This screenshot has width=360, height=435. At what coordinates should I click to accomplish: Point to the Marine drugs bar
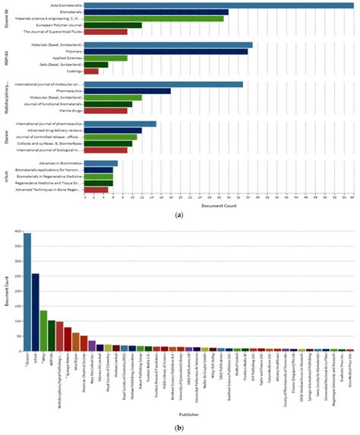click(x=106, y=111)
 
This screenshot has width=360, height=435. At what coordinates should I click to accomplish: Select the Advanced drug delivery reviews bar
click(x=113, y=131)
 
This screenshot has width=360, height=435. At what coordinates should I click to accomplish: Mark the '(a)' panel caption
click(x=179, y=216)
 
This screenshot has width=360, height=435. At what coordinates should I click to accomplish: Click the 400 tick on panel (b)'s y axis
click(x=16, y=232)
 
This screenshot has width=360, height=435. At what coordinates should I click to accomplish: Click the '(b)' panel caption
click(x=179, y=427)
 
